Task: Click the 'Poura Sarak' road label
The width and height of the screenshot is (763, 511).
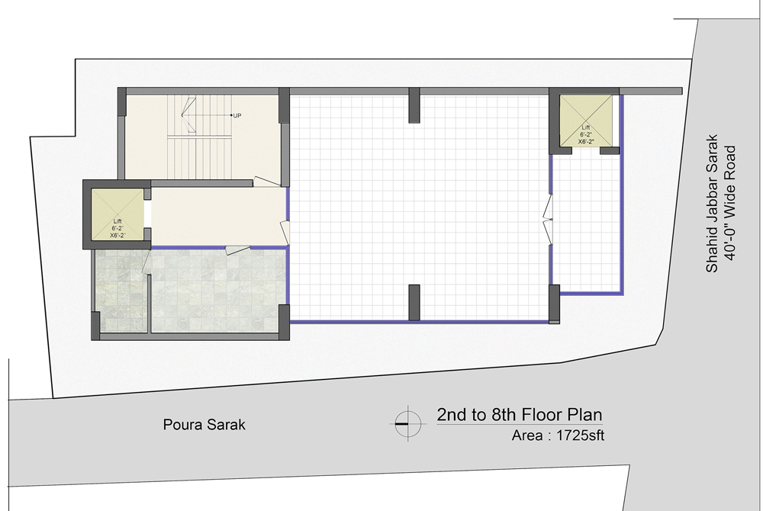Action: pos(204,425)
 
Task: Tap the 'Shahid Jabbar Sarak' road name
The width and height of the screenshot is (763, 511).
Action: pos(712,203)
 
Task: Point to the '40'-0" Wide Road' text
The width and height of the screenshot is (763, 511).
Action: pos(729,203)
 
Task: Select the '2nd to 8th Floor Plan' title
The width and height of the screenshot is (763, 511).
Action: pos(519,415)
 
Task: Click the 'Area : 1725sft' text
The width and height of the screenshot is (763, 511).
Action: pos(558,435)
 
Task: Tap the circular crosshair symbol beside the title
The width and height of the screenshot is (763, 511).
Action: pos(407,423)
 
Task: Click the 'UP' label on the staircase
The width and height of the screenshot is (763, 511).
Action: pos(237,116)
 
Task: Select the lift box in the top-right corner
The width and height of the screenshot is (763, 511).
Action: pos(585,120)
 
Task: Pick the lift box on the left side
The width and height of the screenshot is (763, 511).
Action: pos(118,214)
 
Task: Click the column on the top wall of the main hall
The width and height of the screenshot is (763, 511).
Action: pos(414,105)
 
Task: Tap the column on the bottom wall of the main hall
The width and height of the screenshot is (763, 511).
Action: pos(414,303)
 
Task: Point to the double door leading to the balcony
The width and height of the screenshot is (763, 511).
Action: pos(548,220)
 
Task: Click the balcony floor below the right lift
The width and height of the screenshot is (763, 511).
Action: pos(586,223)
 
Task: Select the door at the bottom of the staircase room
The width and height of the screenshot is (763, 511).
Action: pos(266,182)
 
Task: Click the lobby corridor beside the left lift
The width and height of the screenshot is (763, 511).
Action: pos(218,216)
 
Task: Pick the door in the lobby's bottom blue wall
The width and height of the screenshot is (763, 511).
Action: pos(238,250)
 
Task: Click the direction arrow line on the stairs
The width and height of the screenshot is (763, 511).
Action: pos(206,115)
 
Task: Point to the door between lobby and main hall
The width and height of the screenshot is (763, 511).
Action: pos(285,233)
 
